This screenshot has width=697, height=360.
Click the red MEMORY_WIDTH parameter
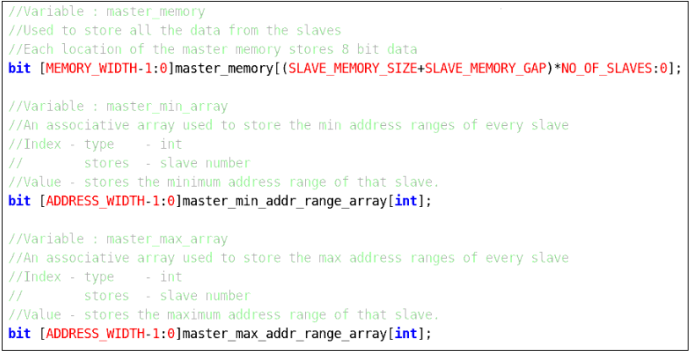coord(91,68)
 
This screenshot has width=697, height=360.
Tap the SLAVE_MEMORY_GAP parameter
coord(486,68)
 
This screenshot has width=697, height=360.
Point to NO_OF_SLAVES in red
coord(607,68)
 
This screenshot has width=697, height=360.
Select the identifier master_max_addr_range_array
coord(285,334)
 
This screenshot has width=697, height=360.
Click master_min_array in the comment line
coord(167,106)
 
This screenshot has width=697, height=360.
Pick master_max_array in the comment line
coord(167,239)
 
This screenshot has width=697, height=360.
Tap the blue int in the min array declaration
coord(406,201)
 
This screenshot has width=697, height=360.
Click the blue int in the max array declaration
coord(406,333)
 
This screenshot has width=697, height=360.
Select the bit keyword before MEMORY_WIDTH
coord(19,68)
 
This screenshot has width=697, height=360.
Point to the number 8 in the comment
coord(345,49)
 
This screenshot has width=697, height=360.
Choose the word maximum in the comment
coord(193,314)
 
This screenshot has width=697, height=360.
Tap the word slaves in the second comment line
coord(319,30)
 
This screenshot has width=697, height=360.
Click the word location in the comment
coord(91,49)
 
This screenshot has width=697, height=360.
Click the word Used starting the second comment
coord(39,30)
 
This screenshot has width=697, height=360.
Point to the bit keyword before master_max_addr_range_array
coord(19,333)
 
